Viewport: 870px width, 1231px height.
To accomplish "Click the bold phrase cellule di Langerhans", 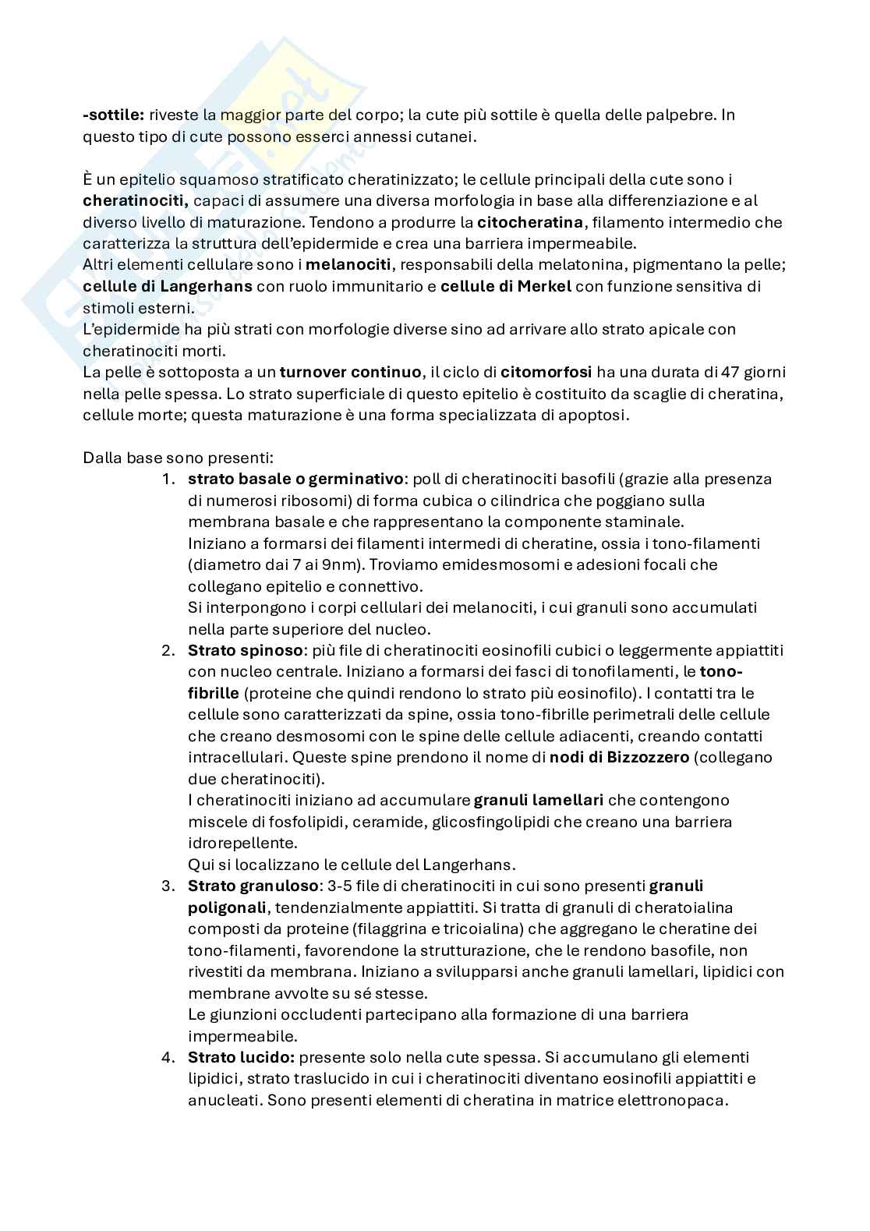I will click(168, 286).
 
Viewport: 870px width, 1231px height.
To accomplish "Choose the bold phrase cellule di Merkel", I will click(506, 286).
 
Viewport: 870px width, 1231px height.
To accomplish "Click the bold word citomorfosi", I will click(546, 372).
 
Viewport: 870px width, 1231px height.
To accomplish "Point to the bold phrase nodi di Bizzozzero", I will click(619, 757).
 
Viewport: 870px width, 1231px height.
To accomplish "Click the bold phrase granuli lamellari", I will click(538, 800).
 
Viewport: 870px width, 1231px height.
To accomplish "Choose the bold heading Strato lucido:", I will click(241, 1057).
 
